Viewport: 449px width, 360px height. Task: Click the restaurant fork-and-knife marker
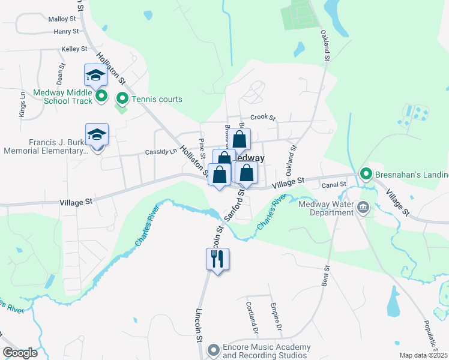[x=217, y=259]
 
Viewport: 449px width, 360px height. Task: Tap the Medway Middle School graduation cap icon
[x=95, y=75]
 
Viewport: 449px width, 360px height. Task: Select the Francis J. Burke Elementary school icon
[x=96, y=134]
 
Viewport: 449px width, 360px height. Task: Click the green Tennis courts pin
[x=122, y=98]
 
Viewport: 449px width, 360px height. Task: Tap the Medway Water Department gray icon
[x=363, y=208]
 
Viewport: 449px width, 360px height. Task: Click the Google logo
[x=20, y=353]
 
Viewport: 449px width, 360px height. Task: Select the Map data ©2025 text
[x=423, y=355]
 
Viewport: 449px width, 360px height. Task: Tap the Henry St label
[x=66, y=31]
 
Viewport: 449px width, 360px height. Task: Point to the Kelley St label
[x=74, y=49]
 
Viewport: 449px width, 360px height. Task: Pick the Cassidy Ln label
[x=161, y=152]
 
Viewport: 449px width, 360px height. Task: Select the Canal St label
[x=334, y=185]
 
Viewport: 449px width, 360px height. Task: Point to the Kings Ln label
[x=22, y=104]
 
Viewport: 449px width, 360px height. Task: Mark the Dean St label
[x=60, y=75]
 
